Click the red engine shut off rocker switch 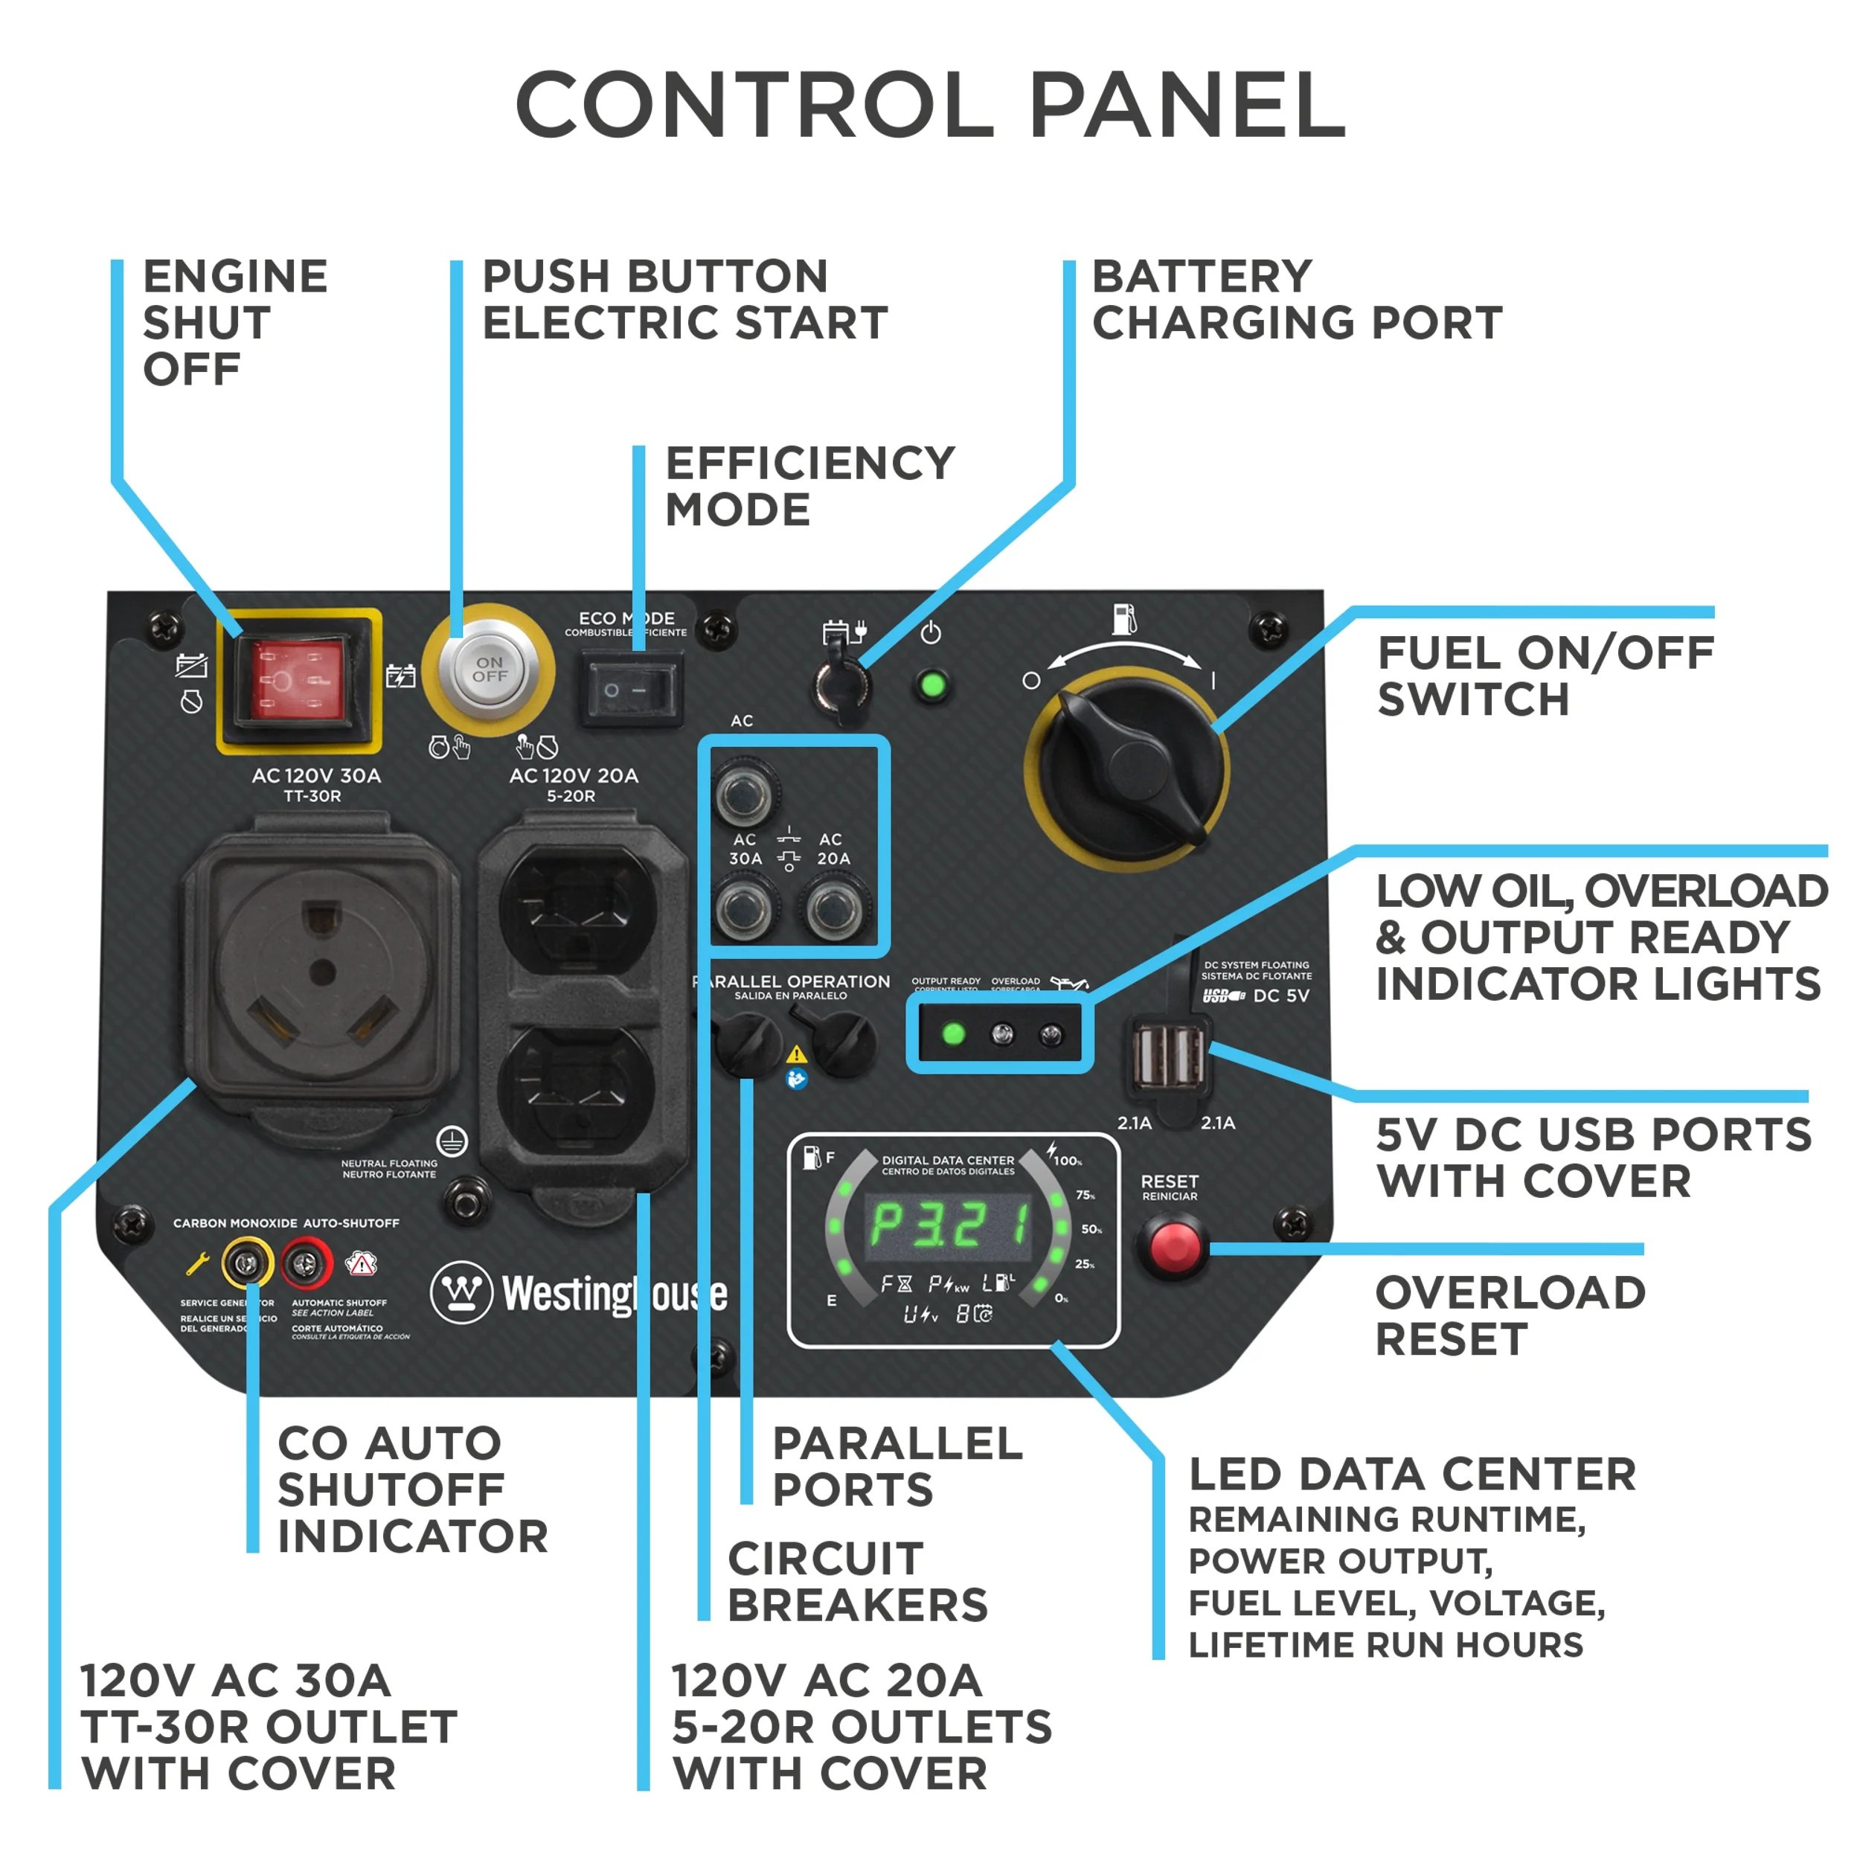point(298,680)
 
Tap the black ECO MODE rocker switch point(631,690)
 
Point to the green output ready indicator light point(953,1034)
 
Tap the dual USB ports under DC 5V point(1169,1056)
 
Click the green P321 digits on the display point(950,1225)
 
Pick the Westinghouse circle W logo point(461,1292)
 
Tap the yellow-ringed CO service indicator point(246,1261)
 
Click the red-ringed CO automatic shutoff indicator point(306,1261)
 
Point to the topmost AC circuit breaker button point(744,793)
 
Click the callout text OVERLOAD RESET point(1509,1315)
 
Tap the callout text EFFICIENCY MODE point(809,486)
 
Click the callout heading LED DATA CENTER point(1411,1474)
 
